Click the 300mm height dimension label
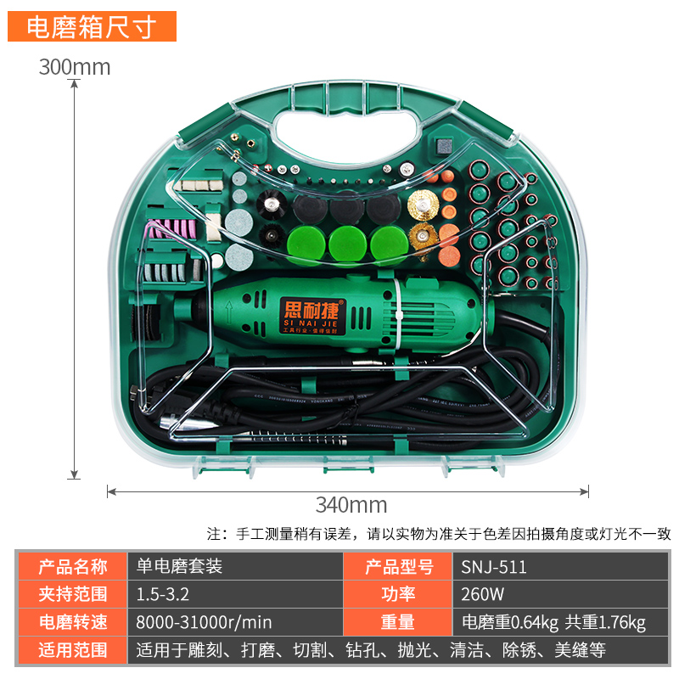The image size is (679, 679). [x=75, y=67]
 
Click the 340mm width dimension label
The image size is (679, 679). [x=351, y=505]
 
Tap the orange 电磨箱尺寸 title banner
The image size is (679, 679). [x=92, y=27]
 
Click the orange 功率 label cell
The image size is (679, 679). [x=397, y=594]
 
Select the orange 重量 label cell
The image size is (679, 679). [x=397, y=622]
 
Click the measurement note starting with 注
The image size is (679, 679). [x=439, y=534]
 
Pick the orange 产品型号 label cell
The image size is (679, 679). [x=397, y=567]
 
